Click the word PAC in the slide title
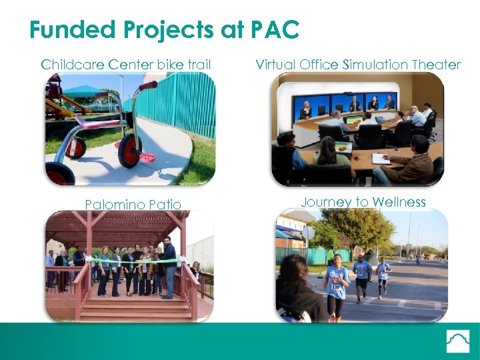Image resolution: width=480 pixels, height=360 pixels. (x=274, y=30)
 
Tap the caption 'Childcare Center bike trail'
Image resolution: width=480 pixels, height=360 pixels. (x=126, y=65)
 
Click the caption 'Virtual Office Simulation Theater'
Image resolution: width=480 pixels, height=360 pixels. (x=358, y=65)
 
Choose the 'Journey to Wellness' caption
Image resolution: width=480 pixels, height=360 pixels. (x=363, y=202)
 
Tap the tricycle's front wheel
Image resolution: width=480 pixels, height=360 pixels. (x=129, y=151)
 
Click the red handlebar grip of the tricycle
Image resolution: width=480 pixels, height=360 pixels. (x=148, y=85)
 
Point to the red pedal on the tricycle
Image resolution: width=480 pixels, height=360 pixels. (x=147, y=158)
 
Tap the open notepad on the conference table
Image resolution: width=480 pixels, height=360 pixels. (x=380, y=159)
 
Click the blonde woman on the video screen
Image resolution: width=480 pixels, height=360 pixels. (x=306, y=107)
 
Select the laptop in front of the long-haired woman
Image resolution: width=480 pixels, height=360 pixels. (x=343, y=148)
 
